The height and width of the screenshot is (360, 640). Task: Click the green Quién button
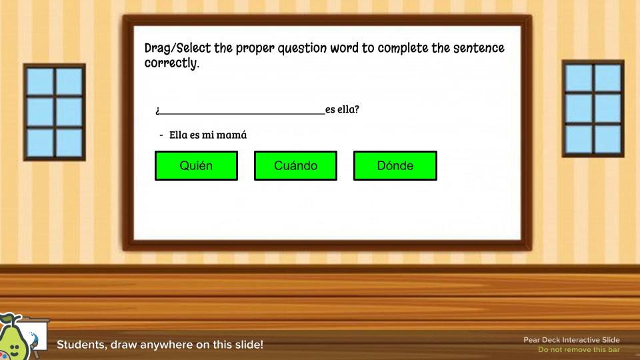[196, 166]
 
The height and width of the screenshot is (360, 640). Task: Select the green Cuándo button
[295, 166]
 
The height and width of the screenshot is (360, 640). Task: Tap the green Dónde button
[395, 166]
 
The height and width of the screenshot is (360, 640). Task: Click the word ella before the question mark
[348, 109]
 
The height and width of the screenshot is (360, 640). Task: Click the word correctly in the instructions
[171, 64]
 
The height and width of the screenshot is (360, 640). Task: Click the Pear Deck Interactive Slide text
[571, 340]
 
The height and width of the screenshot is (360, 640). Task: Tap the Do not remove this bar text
[579, 350]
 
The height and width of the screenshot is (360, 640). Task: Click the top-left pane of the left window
[39, 81]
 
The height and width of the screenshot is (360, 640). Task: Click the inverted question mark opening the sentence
[157, 110]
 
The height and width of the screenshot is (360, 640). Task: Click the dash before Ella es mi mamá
[161, 135]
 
